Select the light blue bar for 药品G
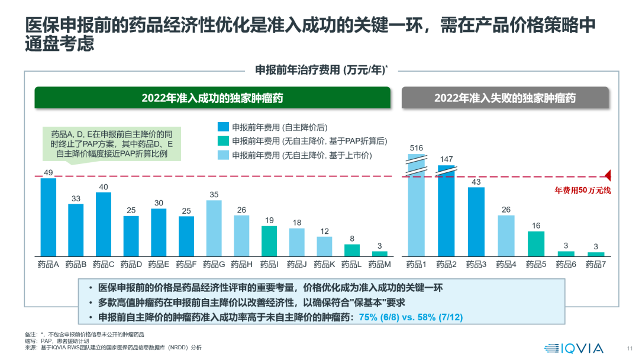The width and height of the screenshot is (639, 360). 214,228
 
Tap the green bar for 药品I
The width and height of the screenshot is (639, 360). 269,241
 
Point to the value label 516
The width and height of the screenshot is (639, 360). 416,147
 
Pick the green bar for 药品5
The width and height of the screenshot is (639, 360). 535,243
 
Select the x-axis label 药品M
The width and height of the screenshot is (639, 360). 380,264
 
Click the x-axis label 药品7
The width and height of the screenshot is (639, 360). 596,264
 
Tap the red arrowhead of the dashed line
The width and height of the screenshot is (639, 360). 608,176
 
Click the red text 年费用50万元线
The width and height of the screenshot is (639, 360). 582,190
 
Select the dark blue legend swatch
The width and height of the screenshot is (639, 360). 223,127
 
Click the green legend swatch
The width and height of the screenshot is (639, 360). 223,141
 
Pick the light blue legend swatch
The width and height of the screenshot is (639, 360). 223,155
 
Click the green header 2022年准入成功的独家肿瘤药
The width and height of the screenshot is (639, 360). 212,98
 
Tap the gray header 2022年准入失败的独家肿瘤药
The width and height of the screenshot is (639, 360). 505,98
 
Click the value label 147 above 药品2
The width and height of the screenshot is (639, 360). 446,159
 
